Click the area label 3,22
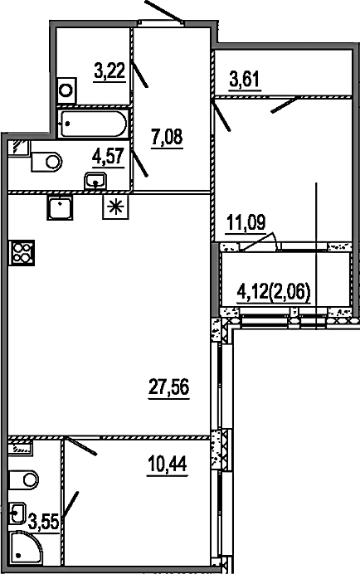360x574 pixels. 109,71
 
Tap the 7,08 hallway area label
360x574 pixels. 167,137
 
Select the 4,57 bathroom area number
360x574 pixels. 109,158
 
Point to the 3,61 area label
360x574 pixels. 244,79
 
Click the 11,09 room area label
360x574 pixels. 246,222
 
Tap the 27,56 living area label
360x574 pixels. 169,387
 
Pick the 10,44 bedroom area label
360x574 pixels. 167,465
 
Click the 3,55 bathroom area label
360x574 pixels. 44,521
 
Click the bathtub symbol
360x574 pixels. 94,124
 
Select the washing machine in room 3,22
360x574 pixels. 66,90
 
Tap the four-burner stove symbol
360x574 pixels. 22,253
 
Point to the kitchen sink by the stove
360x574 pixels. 60,207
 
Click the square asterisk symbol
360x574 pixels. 116,207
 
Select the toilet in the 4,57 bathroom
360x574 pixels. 46,162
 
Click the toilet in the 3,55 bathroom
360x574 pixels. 23,480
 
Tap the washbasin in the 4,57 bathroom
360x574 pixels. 95,181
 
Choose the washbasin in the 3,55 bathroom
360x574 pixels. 17,512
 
